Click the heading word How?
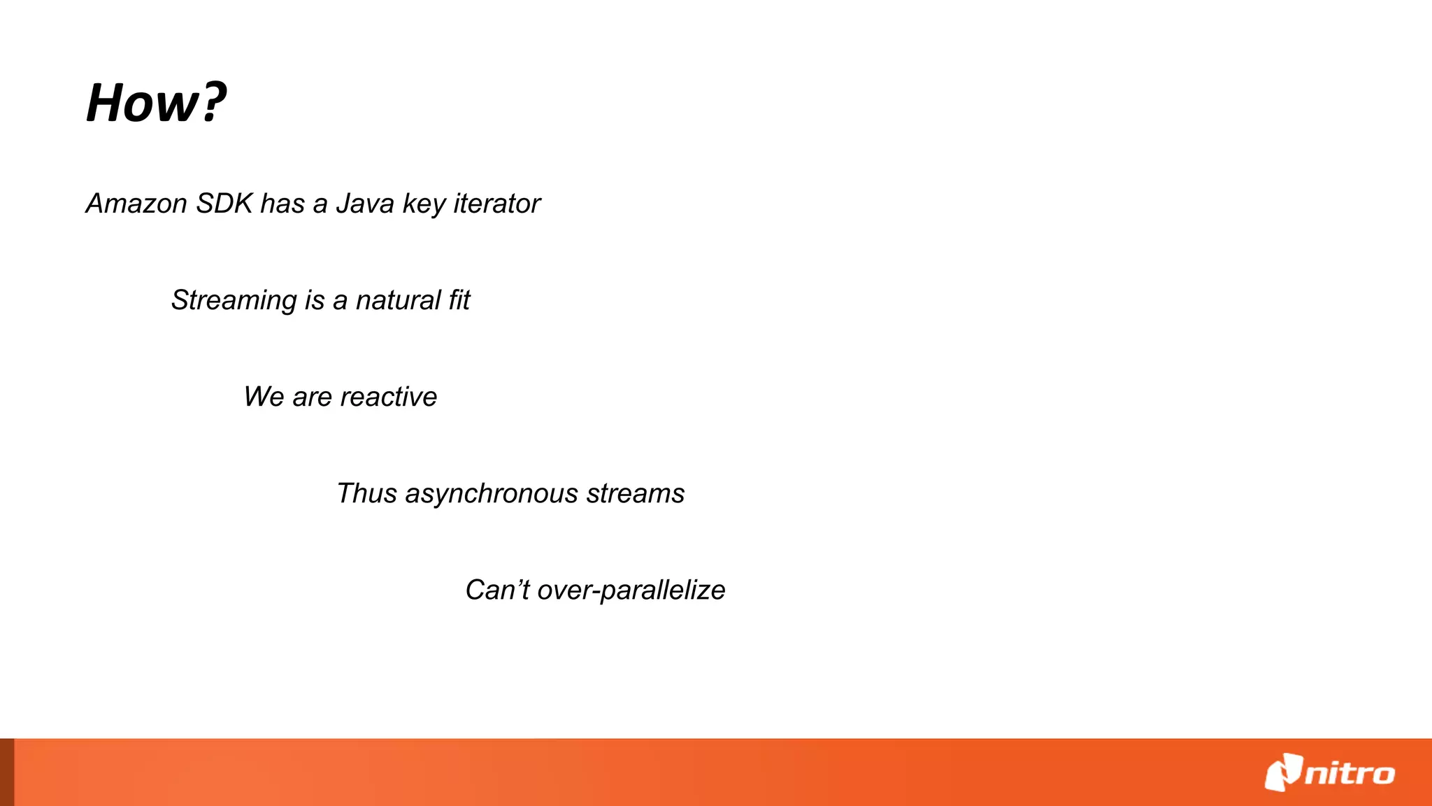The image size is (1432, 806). pyautogui.click(x=155, y=103)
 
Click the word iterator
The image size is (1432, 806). pyautogui.click(x=496, y=204)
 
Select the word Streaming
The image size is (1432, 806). pyautogui.click(x=234, y=301)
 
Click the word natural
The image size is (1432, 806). pyautogui.click(x=398, y=300)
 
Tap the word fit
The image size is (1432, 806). pyautogui.click(x=459, y=300)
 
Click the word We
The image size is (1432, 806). pyautogui.click(x=264, y=397)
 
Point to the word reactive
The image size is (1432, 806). pyautogui.click(x=388, y=397)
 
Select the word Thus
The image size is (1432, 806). pyautogui.click(x=366, y=493)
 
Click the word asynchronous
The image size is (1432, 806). pyautogui.click(x=492, y=494)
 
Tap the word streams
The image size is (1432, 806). pyautogui.click(x=635, y=493)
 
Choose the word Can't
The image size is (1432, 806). pyautogui.click(x=497, y=590)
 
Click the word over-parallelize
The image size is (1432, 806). pyautogui.click(x=631, y=591)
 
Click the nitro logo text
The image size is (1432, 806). pyautogui.click(x=1349, y=774)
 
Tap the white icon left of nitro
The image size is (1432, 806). pyautogui.click(x=1283, y=772)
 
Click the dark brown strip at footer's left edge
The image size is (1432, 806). pyautogui.click(x=6, y=772)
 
